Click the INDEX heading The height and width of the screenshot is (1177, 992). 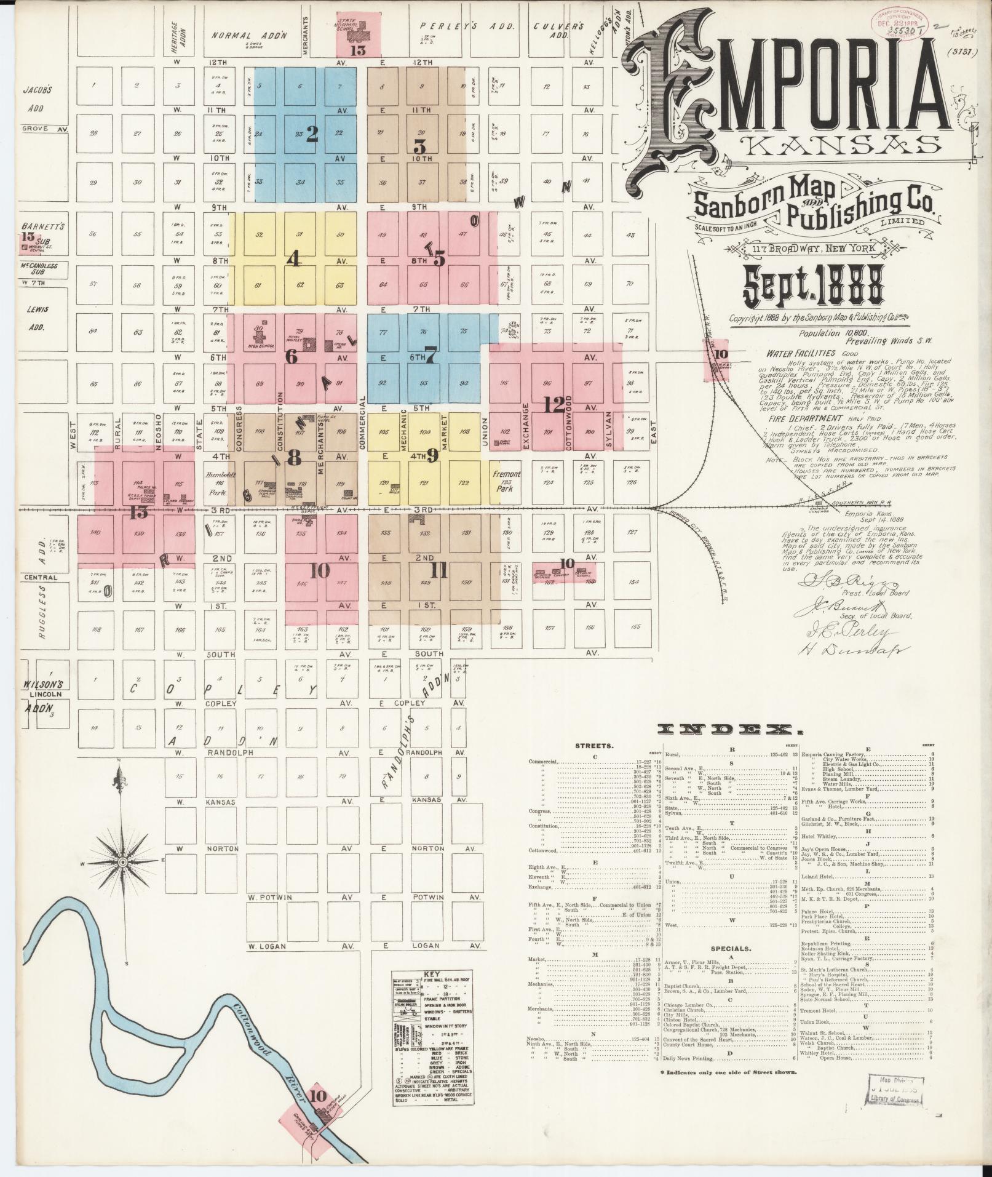point(730,730)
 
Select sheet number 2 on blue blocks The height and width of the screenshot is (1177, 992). point(312,135)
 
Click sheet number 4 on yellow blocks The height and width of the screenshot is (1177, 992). point(294,260)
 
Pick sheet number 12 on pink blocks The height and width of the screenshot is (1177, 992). point(554,405)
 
